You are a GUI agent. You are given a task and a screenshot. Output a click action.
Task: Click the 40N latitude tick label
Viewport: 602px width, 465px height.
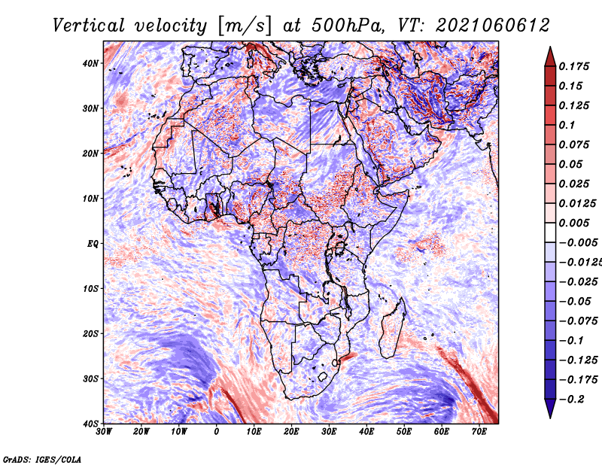[x=90, y=63]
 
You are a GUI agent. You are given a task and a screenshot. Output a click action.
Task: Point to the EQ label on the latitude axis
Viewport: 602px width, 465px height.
[x=93, y=244]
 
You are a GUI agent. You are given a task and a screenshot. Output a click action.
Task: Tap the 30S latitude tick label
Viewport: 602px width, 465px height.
[x=90, y=379]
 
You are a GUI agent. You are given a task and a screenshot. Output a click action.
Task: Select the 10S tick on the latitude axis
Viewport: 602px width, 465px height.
[x=90, y=289]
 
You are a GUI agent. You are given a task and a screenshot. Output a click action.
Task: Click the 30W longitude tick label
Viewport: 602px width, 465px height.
[x=104, y=432]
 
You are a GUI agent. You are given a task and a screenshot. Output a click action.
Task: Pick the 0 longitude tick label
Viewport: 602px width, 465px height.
[x=217, y=432]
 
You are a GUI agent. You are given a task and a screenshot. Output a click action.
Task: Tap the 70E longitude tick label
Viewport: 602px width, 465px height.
[x=479, y=432]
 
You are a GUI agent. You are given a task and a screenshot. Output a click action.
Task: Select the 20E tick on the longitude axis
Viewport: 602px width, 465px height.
[x=291, y=432]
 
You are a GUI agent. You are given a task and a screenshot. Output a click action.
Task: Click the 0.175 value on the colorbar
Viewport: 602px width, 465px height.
[x=574, y=66]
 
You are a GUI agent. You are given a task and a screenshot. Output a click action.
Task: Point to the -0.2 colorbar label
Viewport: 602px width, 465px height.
[x=572, y=400]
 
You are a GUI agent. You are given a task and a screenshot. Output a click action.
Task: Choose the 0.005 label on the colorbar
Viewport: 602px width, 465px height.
[x=574, y=223]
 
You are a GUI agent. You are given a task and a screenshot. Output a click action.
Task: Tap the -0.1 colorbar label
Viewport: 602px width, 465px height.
[x=572, y=341]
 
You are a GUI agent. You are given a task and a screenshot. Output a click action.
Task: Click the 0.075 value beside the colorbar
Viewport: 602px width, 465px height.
[x=574, y=144]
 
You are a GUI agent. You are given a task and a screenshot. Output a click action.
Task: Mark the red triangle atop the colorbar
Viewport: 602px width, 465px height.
[x=550, y=57]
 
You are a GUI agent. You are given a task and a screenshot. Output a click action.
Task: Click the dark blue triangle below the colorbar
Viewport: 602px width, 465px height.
[x=550, y=409]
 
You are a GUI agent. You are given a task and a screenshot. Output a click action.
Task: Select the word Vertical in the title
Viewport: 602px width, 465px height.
[x=88, y=26]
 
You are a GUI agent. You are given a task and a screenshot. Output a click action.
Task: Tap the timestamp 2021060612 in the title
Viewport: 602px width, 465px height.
[x=493, y=26]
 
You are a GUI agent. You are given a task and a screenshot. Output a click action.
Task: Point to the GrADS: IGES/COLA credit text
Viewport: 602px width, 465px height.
[x=42, y=460]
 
